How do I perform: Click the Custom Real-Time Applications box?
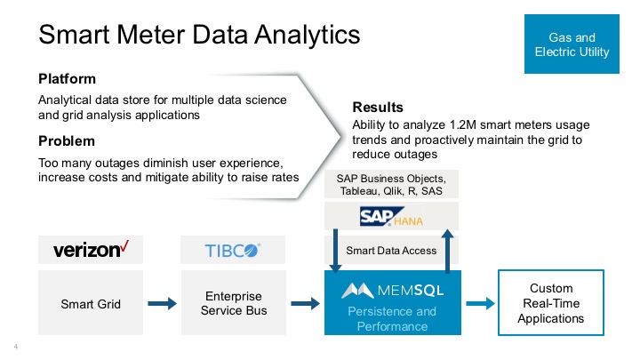coord(551,303)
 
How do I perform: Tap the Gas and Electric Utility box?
coord(572,45)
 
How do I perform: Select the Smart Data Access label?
coord(392,250)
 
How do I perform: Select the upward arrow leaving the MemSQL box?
coord(449,249)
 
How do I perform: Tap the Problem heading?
coord(67,140)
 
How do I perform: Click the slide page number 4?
coord(16,345)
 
